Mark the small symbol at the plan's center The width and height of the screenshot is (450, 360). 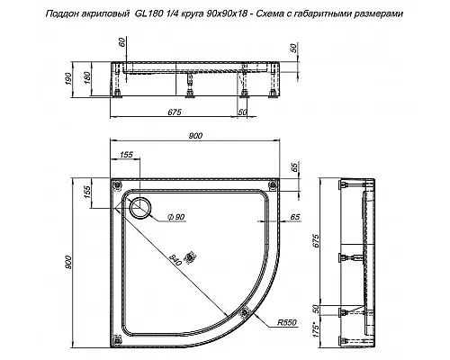click(189, 256)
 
